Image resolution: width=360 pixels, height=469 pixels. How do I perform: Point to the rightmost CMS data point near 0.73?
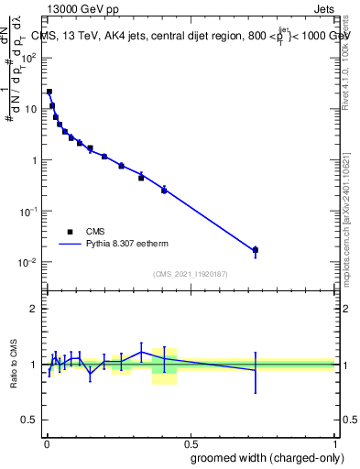256,249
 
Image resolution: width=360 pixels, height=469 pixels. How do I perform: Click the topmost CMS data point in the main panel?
49,92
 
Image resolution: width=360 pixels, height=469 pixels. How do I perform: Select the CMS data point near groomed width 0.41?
164,190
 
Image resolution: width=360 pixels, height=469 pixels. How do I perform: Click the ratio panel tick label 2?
33,309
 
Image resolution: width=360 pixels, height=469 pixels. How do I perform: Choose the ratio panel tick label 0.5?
28,420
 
